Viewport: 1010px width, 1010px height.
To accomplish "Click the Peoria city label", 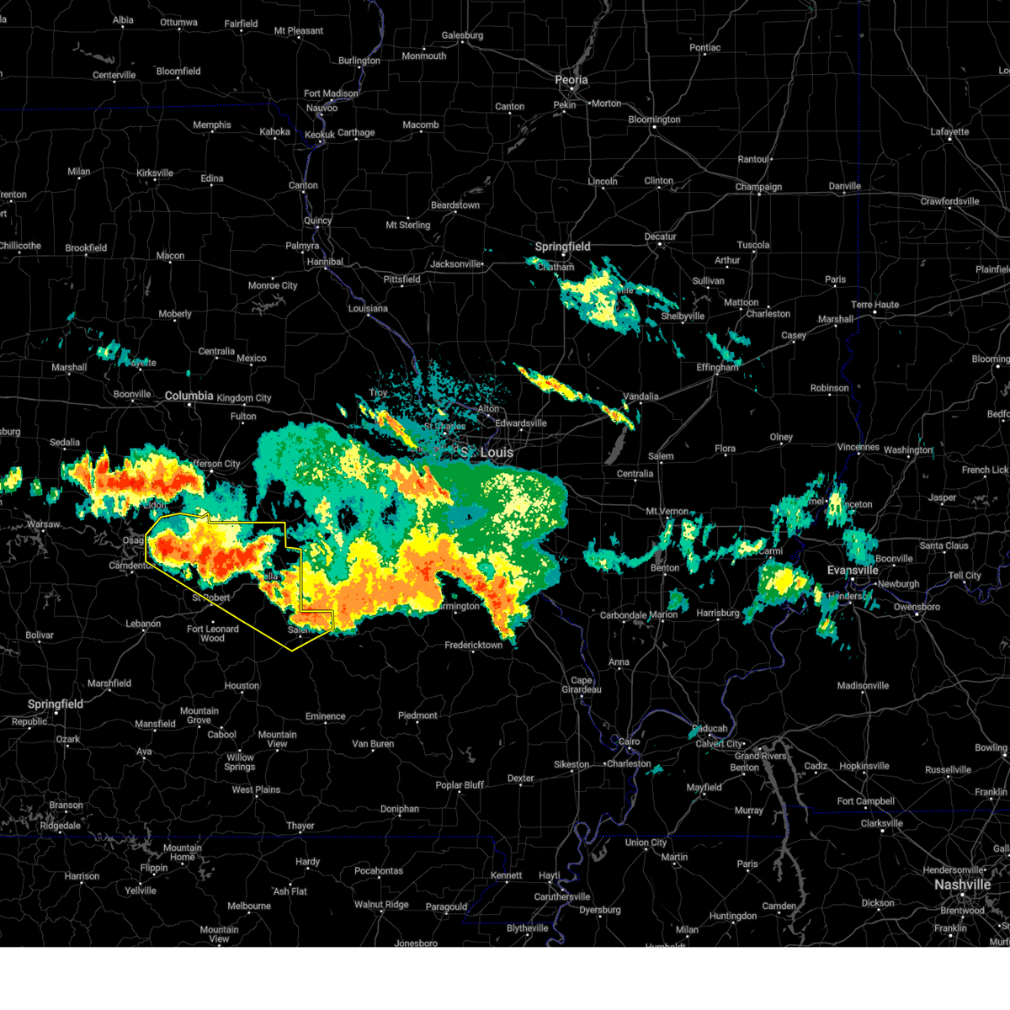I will (571, 80).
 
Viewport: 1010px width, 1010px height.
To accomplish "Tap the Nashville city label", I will (962, 885).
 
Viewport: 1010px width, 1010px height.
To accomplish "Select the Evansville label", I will (853, 571).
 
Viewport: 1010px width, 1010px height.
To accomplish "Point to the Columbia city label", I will (189, 396).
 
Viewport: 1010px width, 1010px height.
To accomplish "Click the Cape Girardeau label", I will (581, 685).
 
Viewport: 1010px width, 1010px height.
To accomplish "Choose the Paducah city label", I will (710, 729).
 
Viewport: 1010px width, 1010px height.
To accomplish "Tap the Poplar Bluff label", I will (460, 785).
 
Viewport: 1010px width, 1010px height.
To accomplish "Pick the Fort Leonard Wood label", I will (212, 633).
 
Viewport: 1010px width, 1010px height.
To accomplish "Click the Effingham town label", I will (717, 368).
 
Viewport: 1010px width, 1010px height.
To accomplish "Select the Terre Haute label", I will (874, 305).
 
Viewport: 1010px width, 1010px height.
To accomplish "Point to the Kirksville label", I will (155, 173).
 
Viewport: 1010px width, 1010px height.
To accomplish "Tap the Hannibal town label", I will (325, 262).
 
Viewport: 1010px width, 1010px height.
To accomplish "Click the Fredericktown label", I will (474, 646).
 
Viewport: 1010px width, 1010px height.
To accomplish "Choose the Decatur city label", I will (660, 237).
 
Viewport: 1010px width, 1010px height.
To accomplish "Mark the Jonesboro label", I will (416, 944).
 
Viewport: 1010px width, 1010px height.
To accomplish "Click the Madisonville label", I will (863, 686).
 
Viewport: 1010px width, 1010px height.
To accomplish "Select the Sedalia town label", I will (65, 443).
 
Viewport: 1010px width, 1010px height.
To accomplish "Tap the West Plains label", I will (256, 790).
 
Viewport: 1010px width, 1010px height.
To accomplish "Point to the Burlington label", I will (359, 61).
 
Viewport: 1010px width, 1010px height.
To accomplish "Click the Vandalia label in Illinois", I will (641, 396).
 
